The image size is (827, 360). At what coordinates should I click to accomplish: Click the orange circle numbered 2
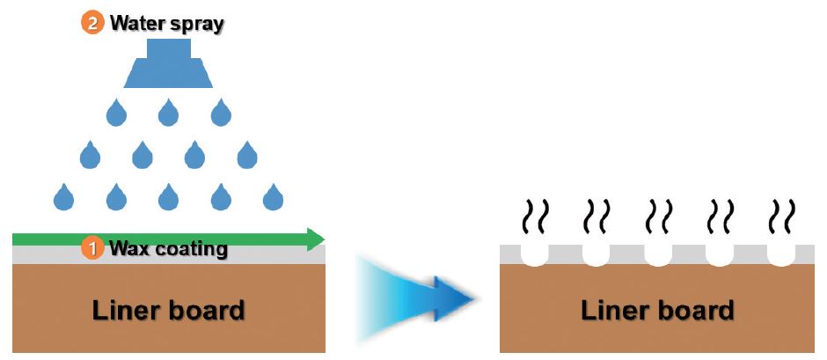[92, 24]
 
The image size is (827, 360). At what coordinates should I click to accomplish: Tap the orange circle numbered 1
[93, 248]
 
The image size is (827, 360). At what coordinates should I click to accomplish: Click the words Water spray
[167, 24]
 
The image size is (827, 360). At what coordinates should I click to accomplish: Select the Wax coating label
[168, 248]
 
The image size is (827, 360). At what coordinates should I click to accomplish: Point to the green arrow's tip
[325, 239]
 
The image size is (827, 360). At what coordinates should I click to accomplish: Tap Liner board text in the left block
[168, 311]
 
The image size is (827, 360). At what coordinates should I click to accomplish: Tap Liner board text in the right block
[657, 311]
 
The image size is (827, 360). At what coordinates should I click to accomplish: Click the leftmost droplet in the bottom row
[64, 197]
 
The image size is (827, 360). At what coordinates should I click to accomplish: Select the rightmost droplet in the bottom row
[274, 197]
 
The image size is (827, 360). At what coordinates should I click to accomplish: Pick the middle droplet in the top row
[168, 113]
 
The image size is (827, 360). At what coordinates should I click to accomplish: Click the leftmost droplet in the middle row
[91, 155]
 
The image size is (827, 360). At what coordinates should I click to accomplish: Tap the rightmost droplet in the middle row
[247, 155]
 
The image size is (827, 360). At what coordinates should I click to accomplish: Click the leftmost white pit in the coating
[535, 255]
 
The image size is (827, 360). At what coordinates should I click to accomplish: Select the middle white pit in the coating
[658, 255]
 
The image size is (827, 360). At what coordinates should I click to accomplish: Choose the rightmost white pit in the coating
[781, 255]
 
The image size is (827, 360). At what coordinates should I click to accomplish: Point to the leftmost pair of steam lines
[535, 217]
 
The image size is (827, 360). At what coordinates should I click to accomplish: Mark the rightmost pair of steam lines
[781, 217]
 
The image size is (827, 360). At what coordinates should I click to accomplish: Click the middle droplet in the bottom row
[168, 197]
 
